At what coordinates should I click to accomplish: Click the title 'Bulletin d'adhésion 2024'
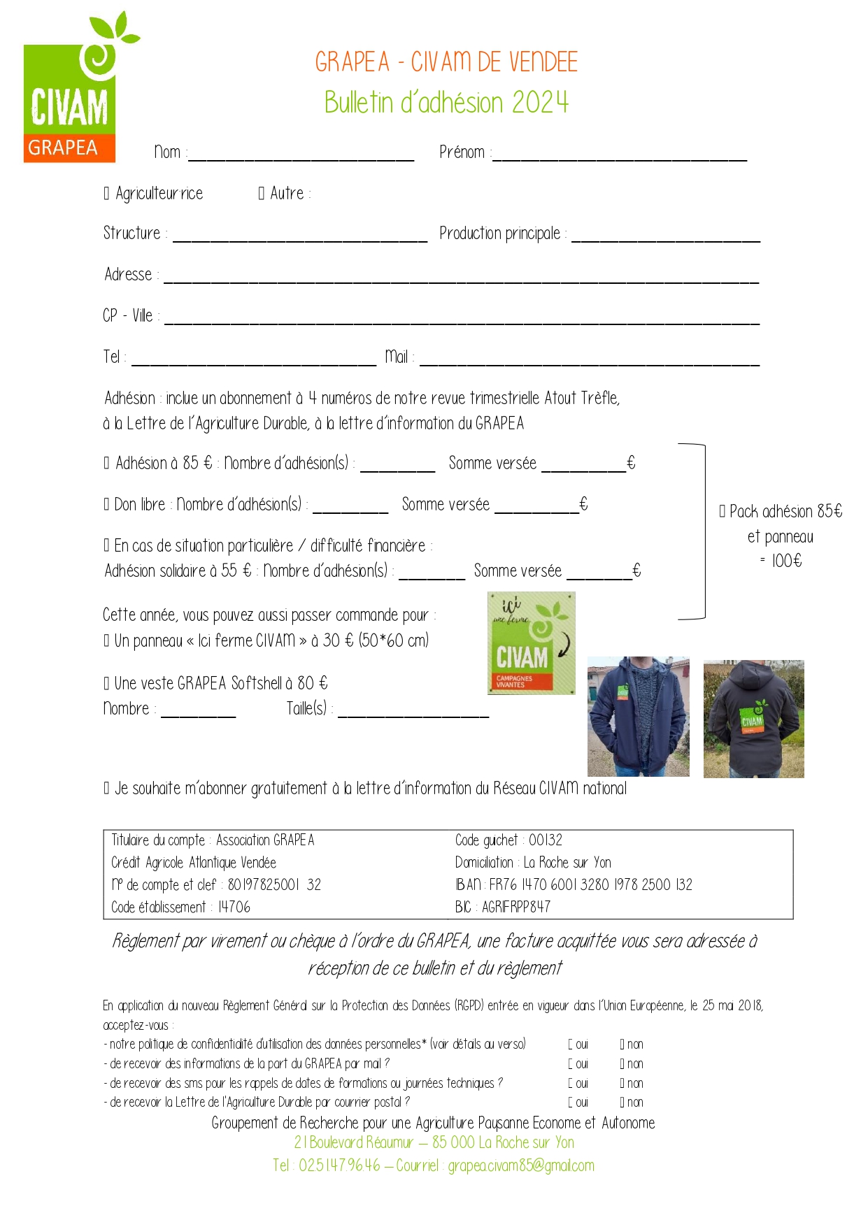[446, 103]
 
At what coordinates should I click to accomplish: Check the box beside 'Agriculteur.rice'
[107, 194]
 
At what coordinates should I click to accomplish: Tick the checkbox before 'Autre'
[262, 194]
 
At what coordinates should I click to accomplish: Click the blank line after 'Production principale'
[665, 235]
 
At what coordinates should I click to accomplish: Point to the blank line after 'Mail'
[589, 359]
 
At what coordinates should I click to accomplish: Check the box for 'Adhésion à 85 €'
[107, 464]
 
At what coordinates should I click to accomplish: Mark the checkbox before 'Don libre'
[107, 505]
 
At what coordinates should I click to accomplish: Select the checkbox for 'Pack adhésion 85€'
[723, 512]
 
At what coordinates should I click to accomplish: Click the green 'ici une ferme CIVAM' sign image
[531, 643]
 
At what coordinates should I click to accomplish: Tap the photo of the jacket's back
[753, 719]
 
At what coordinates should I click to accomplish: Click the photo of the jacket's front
[638, 717]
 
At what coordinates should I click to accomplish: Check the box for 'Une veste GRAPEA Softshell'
[107, 684]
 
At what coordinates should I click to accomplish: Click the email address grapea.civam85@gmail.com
[521, 1165]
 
